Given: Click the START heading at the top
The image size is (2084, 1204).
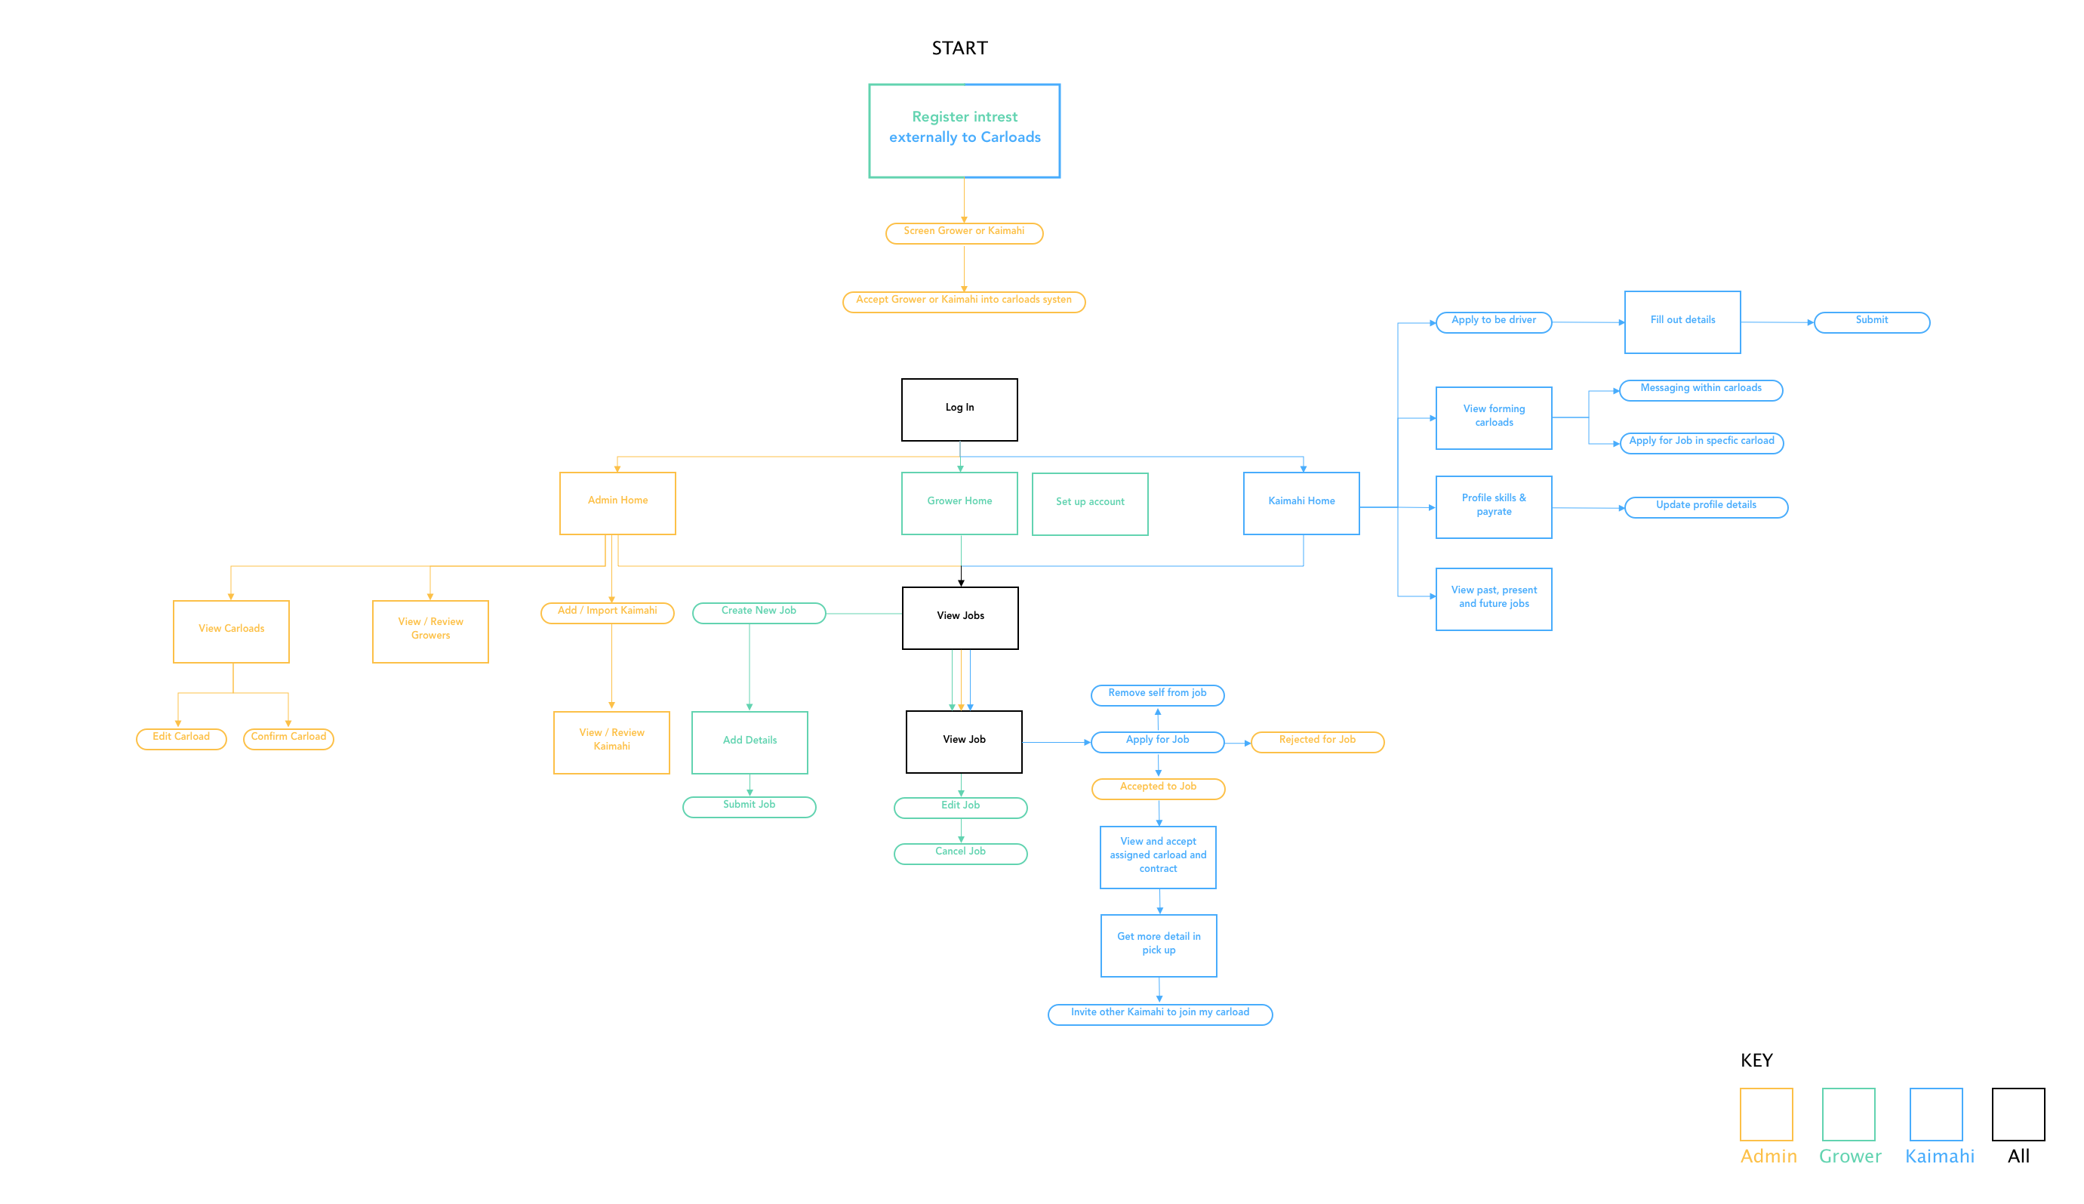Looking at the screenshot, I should (959, 48).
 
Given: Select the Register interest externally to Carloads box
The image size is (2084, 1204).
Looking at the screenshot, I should (964, 130).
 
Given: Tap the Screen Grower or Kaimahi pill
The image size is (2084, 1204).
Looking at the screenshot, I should (964, 233).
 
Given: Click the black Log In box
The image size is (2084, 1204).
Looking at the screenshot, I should (959, 409).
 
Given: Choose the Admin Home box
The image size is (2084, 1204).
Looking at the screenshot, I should (617, 503).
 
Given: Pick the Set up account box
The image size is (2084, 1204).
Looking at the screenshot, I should (1089, 503).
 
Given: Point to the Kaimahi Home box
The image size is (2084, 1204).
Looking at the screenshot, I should (1301, 503).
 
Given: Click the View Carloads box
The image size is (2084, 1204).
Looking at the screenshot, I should (232, 631).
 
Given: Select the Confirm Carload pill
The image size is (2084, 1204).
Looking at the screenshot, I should (288, 738).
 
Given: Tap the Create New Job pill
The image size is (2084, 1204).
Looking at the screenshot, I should (759, 613).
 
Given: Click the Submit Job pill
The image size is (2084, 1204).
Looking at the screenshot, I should (749, 806).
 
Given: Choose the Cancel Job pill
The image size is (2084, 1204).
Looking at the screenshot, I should (961, 854).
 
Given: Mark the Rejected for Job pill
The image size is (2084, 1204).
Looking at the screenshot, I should (1317, 742).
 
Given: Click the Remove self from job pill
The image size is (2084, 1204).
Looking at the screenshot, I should (1157, 694).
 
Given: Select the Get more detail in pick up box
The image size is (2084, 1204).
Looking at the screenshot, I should (1158, 945).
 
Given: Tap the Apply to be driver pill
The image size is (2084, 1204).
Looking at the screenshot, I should (1494, 322).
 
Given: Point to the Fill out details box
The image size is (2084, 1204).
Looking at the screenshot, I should (1682, 322).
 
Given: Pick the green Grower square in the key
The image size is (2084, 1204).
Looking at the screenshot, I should (1849, 1114).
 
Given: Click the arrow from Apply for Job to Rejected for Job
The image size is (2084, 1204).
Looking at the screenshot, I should (1238, 743).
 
